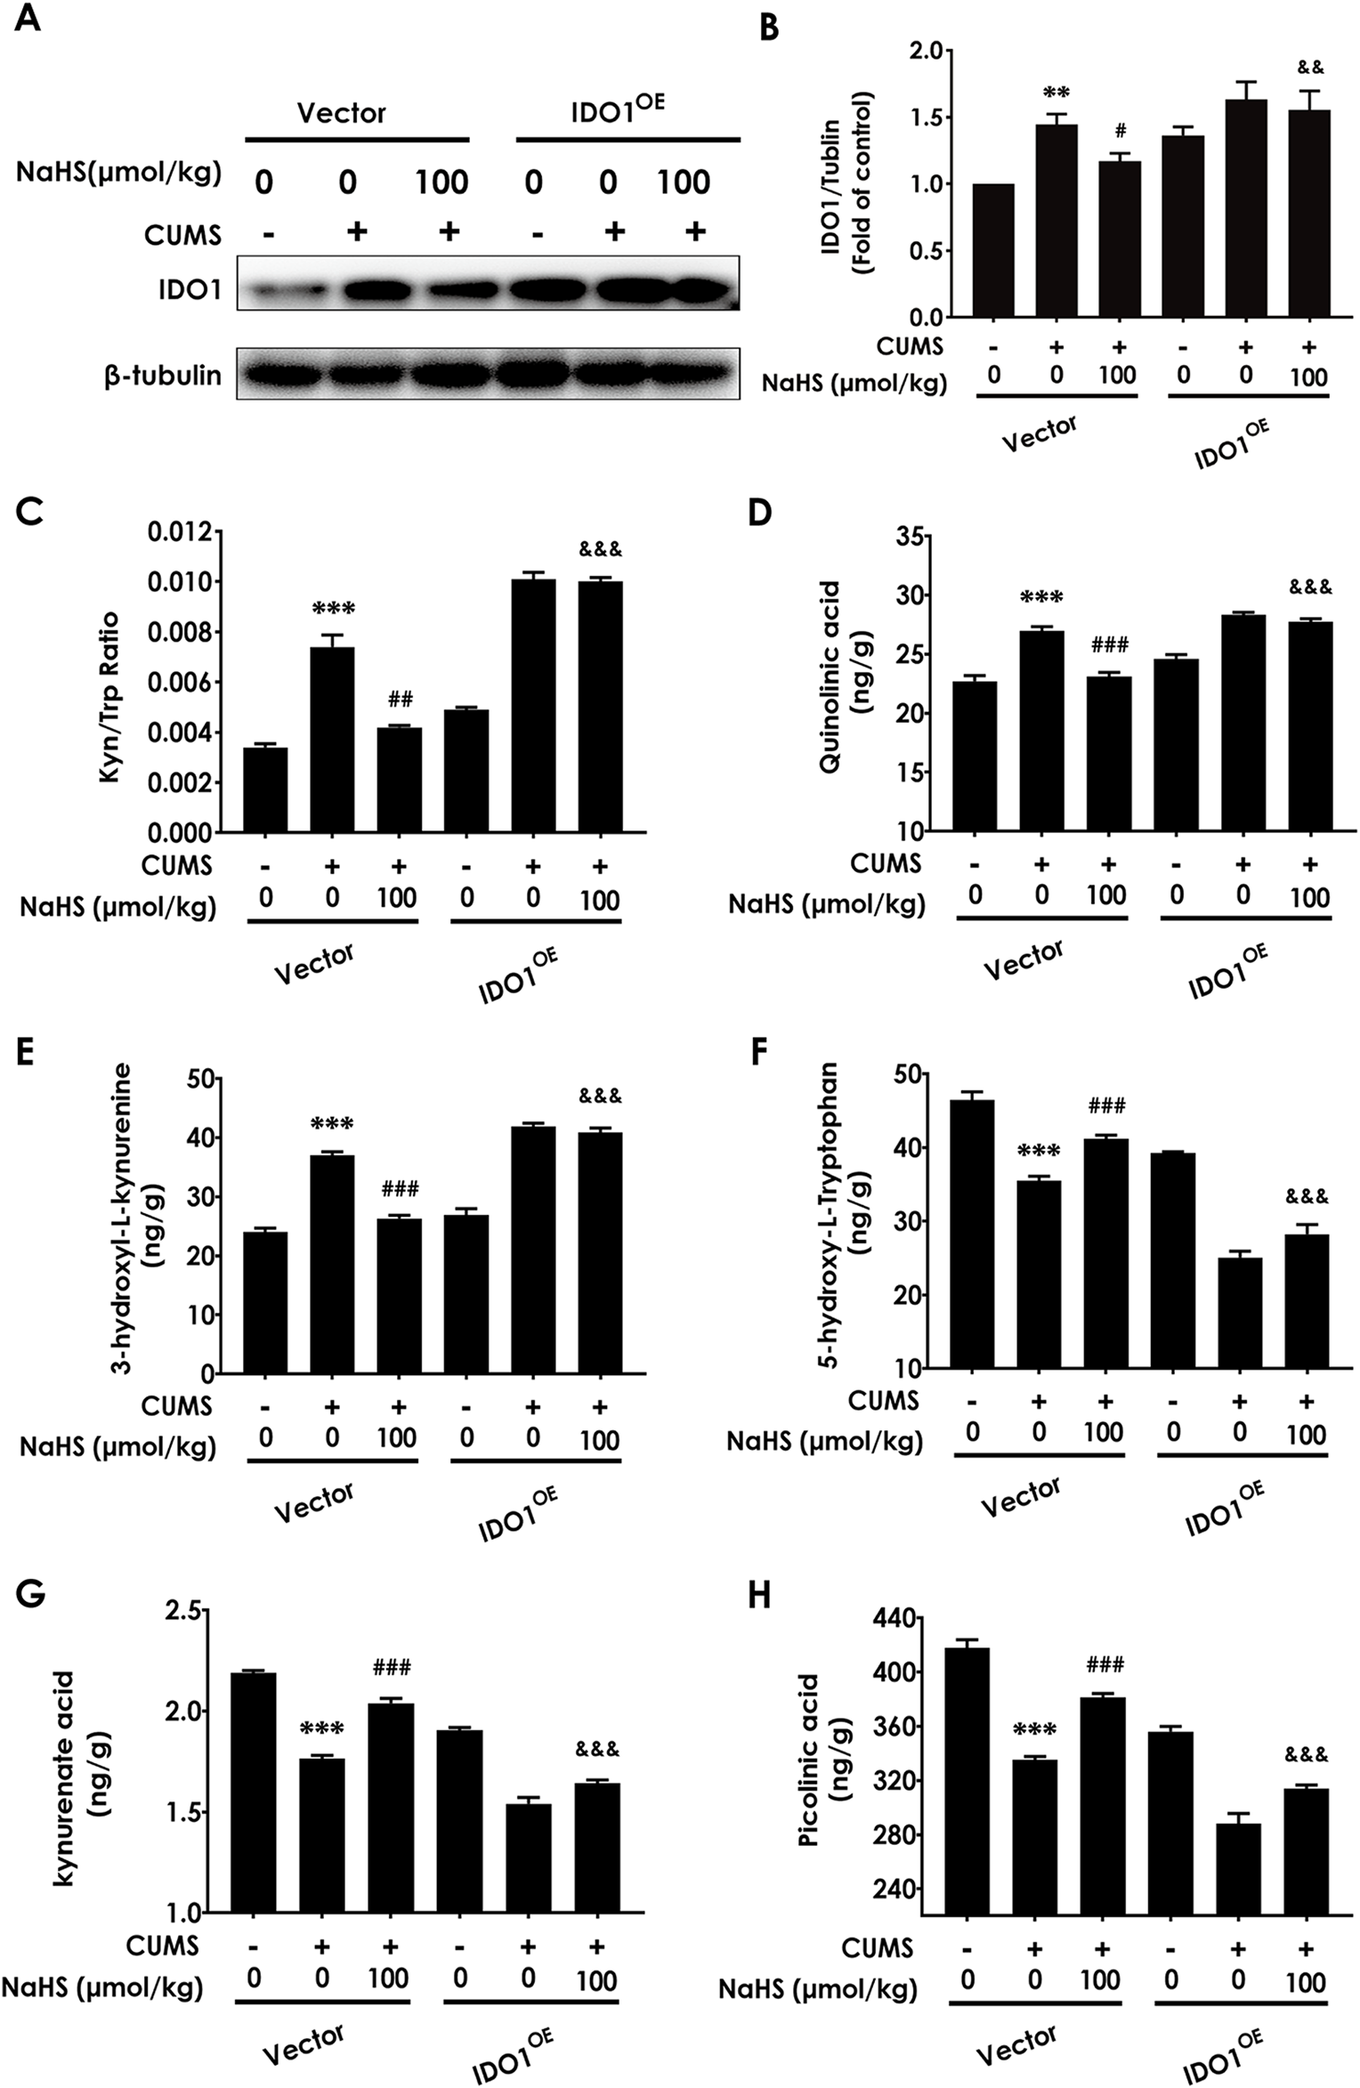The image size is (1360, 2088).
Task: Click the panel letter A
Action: coord(28,18)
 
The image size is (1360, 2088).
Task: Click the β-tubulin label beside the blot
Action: coord(162,376)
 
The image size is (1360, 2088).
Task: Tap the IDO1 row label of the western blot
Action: coord(191,289)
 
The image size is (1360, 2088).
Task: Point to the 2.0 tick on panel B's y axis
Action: coord(925,51)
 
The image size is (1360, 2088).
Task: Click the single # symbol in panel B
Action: coord(1120,131)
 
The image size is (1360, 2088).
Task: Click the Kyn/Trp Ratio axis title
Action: coord(109,684)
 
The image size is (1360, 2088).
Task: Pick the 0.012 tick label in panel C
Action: coord(182,532)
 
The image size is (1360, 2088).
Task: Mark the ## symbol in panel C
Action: coord(400,698)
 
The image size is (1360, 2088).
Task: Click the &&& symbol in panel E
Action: coord(600,1096)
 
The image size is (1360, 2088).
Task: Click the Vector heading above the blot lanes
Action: coord(342,113)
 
